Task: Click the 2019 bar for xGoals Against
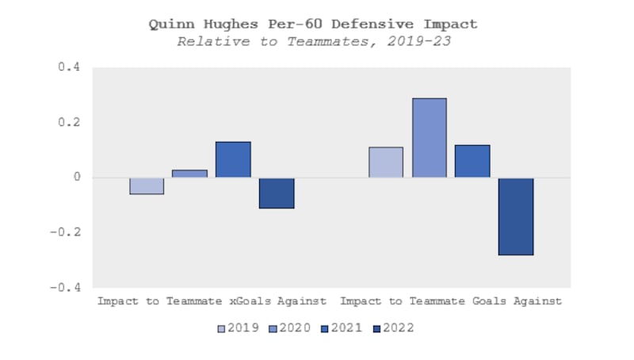(x=147, y=186)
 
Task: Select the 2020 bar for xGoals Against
(x=189, y=174)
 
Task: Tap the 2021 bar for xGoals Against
(x=233, y=159)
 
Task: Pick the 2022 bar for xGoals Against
(x=277, y=193)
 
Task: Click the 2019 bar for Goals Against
(x=386, y=163)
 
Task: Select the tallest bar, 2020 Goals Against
(x=429, y=138)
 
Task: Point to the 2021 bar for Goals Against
(x=472, y=161)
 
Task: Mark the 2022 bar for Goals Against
(x=516, y=216)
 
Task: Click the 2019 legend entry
(x=239, y=327)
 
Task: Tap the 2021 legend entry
(x=342, y=327)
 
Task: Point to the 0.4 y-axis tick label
(x=71, y=68)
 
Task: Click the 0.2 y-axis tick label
(x=71, y=123)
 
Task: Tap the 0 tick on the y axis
(x=78, y=178)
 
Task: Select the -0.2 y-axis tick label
(x=67, y=232)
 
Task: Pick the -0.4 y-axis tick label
(x=67, y=288)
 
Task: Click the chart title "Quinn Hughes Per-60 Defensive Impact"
(x=314, y=24)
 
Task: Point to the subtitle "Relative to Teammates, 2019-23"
(x=314, y=41)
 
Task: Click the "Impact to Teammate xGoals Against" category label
(x=212, y=301)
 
